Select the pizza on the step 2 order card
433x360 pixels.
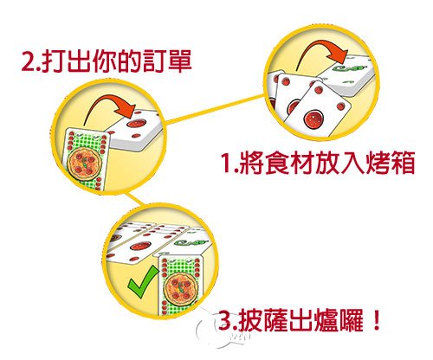[x=84, y=163]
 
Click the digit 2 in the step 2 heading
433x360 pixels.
[x=29, y=61]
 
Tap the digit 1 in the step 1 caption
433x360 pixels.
[x=227, y=163]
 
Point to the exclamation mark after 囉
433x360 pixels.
[x=376, y=319]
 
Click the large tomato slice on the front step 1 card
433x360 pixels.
[x=313, y=119]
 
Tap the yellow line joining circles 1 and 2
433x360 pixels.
[x=215, y=109]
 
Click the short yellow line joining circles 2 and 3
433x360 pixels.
[x=135, y=200]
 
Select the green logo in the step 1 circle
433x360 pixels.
[x=349, y=68]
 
